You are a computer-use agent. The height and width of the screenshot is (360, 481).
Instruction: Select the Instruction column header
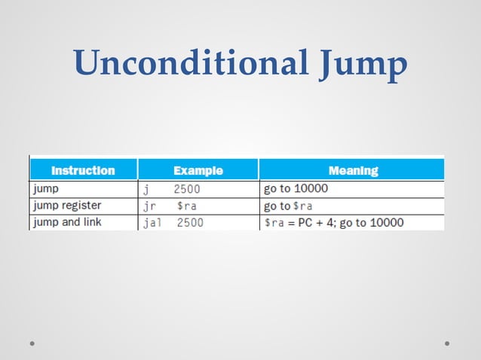tap(83, 170)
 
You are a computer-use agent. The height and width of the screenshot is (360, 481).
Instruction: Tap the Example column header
tap(198, 170)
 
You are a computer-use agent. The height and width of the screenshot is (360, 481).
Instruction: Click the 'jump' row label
tap(46, 188)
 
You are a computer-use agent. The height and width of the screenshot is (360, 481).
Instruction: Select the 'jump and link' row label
tap(66, 222)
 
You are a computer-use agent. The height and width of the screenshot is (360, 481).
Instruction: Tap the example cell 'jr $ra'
tap(170, 206)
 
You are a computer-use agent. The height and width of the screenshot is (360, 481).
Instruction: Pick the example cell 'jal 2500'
tap(173, 223)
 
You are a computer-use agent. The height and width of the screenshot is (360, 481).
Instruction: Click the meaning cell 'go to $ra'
tap(287, 206)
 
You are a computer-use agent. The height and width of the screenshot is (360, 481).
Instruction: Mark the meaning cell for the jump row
tap(295, 188)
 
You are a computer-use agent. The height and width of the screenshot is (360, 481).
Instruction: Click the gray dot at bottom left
tap(32, 343)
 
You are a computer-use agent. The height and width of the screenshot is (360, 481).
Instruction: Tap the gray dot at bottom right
tap(447, 343)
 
